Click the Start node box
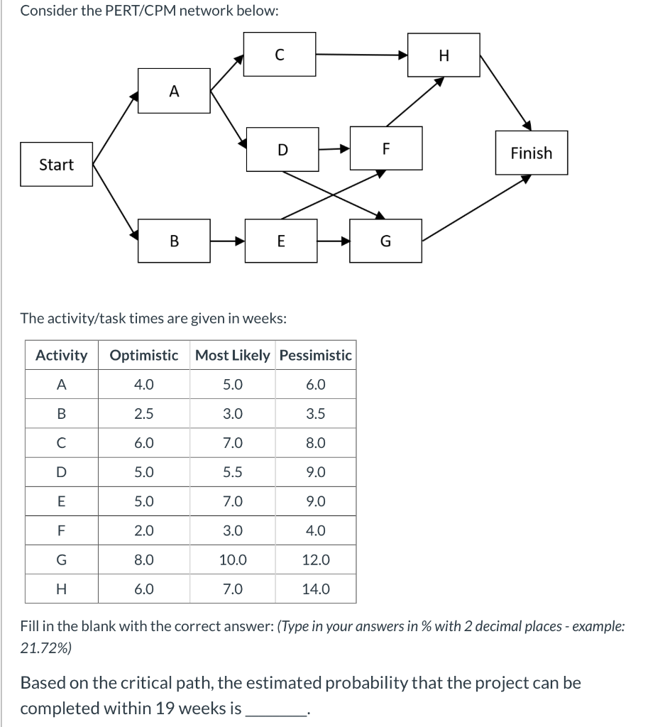tap(56, 165)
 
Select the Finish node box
tap(532, 153)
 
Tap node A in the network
tap(175, 91)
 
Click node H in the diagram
tap(444, 55)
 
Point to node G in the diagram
tap(385, 241)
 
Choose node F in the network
tap(386, 148)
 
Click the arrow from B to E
tap(228, 241)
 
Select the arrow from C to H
tap(362, 55)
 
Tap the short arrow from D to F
tap(334, 149)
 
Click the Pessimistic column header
tap(316, 355)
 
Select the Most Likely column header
tap(233, 355)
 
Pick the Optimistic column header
tap(144, 355)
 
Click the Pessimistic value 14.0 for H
tap(316, 589)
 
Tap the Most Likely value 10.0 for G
tap(233, 559)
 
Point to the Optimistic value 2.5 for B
tap(144, 414)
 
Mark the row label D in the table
tap(62, 472)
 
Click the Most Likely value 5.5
tap(233, 472)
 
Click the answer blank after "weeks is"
tap(275, 709)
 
